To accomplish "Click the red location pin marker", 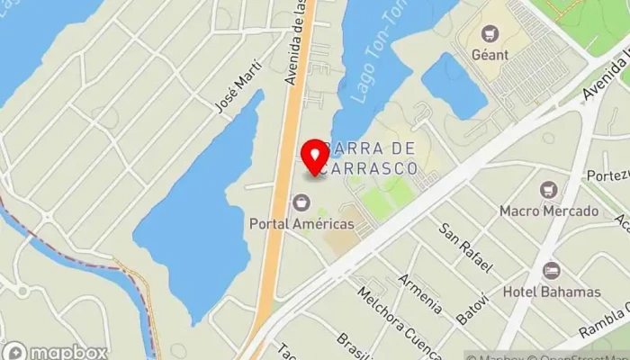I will coord(315,157).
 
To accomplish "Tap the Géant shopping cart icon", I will coord(490,34).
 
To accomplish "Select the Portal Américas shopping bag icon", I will coord(301,202).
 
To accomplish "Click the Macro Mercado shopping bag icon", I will coord(549,190).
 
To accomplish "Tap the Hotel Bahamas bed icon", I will coord(550,271).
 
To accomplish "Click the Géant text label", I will coord(490,55).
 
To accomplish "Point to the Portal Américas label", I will coord(302,223).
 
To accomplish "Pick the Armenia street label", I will coord(421,293).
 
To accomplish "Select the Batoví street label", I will coord(472,309).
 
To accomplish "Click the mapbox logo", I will coord(56,352).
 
